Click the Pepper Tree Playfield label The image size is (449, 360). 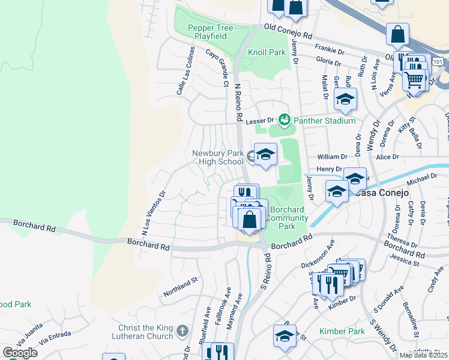(x=207, y=32)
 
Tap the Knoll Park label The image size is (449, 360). (x=267, y=52)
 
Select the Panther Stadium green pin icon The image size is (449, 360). (x=285, y=120)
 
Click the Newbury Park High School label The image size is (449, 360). (x=218, y=157)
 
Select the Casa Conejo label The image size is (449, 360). (x=381, y=193)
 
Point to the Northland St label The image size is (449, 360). (x=180, y=287)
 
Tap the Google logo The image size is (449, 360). (x=20, y=353)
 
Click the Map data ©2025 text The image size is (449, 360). (x=423, y=355)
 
